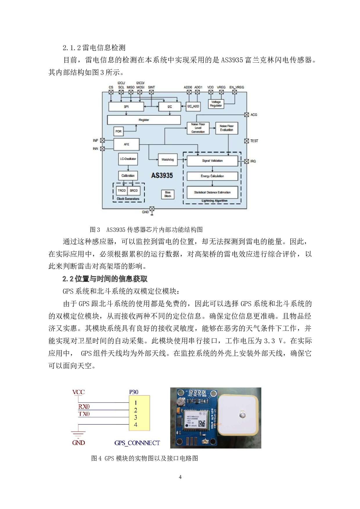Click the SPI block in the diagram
[x=126, y=107]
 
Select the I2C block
[x=170, y=107]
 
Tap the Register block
[x=144, y=120]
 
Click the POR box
[x=118, y=131]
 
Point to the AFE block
[x=126, y=144]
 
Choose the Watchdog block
[x=168, y=160]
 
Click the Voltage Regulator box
[x=216, y=104]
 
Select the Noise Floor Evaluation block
[x=226, y=128]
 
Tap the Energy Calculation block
[x=212, y=176]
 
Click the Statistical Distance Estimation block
[x=212, y=192]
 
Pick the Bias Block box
[x=168, y=194]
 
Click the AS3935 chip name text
[x=162, y=176]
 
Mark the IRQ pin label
[x=253, y=161]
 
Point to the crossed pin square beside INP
[x=102, y=140]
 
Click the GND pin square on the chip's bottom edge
[x=152, y=209]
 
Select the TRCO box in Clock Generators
[x=122, y=191]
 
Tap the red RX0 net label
[x=84, y=407]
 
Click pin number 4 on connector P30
[x=136, y=425]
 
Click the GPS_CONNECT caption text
[x=137, y=443]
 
